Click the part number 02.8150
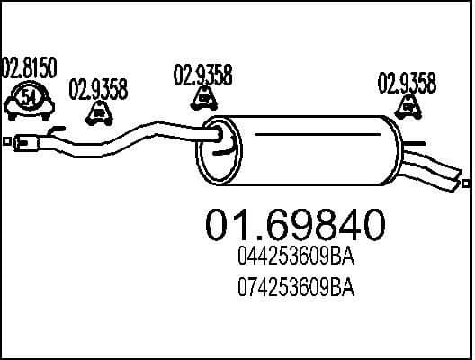pos(31,67)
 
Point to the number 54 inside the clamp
pos(29,98)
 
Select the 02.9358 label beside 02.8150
pos(97,89)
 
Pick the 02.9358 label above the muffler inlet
pos(202,76)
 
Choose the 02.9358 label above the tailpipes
pos(407,84)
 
